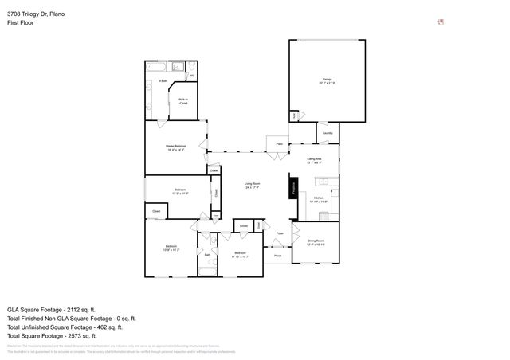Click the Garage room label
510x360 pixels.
tap(327, 80)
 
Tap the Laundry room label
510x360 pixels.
tap(328, 133)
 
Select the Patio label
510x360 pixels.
tap(280, 144)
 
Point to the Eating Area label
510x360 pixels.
tap(314, 160)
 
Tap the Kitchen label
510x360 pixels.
tap(317, 197)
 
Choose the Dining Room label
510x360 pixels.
tap(315, 241)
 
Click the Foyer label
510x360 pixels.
tap(280, 233)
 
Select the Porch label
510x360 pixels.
tap(278, 256)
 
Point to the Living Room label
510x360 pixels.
tap(253, 185)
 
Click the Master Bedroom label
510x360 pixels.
tap(176, 147)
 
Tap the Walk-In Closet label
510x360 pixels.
tap(182, 100)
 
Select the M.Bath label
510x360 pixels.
tap(162, 81)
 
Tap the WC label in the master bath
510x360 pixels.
tap(191, 76)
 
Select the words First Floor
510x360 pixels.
tap(20, 23)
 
